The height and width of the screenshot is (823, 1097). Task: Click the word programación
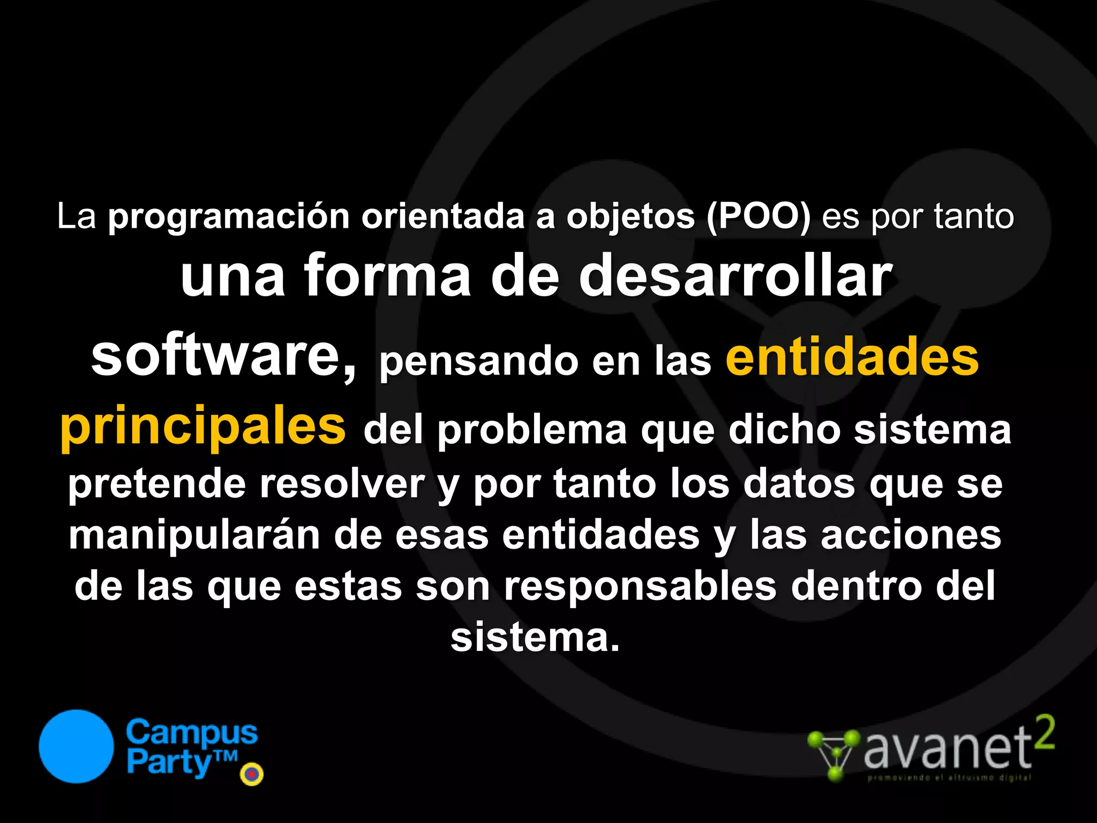(x=229, y=218)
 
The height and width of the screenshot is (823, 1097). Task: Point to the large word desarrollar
(x=735, y=276)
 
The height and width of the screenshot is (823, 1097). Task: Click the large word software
(x=223, y=356)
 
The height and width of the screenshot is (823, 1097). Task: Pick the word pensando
(x=479, y=362)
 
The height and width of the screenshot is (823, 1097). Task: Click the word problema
(x=532, y=430)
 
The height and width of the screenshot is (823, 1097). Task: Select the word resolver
(x=342, y=484)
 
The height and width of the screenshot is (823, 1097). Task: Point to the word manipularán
(x=194, y=535)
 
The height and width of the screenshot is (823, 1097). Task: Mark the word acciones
(x=911, y=535)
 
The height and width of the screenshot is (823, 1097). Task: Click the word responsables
(x=640, y=586)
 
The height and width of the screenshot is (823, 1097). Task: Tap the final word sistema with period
(x=535, y=637)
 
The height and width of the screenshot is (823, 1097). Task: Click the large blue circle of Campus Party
(x=76, y=746)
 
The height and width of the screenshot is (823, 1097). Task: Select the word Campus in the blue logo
(x=192, y=733)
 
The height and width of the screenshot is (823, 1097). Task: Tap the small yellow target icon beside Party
(x=252, y=774)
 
